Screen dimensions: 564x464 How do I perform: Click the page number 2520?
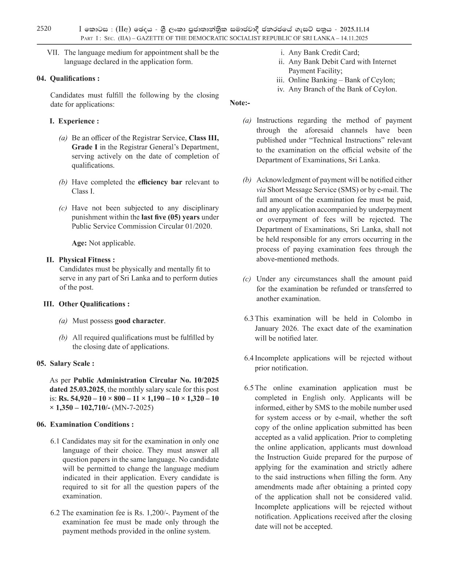(x=44, y=28)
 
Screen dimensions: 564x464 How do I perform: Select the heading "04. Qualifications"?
(x=68, y=79)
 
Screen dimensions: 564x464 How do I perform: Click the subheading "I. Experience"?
(x=74, y=121)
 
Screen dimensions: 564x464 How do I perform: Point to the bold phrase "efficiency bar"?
(x=160, y=182)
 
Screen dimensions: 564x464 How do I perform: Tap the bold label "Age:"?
(x=79, y=243)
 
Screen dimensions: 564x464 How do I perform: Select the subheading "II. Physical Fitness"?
(x=81, y=260)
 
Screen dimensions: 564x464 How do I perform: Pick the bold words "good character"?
(x=139, y=321)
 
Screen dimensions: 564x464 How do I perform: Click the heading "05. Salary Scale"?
(x=65, y=363)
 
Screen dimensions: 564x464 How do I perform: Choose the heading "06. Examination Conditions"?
(x=85, y=424)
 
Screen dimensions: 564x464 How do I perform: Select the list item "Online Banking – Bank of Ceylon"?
(x=341, y=80)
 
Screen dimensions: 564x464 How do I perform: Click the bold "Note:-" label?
(x=240, y=103)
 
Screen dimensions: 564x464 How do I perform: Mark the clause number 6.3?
(x=249, y=319)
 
